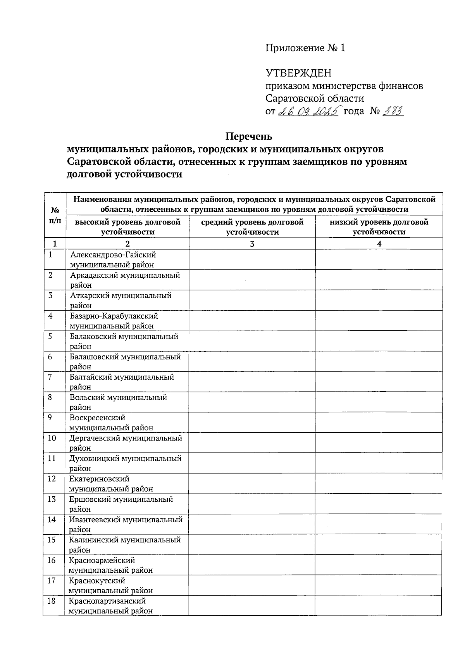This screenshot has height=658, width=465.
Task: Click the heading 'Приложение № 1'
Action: (x=305, y=48)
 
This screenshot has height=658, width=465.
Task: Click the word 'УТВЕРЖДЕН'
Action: (x=298, y=73)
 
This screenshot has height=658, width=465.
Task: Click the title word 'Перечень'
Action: (x=249, y=136)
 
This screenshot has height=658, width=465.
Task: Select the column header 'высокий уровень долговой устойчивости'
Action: (x=127, y=227)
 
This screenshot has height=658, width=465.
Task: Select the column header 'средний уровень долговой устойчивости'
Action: (x=252, y=227)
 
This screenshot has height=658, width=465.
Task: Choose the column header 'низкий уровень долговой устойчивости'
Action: (x=379, y=227)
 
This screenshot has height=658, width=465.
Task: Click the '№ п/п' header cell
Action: (x=55, y=215)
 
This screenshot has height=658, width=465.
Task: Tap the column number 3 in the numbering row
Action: (x=252, y=244)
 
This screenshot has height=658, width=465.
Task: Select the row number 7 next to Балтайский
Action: (x=51, y=377)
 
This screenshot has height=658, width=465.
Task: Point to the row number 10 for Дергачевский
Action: (x=52, y=438)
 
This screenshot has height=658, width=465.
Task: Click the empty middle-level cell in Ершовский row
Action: (x=252, y=504)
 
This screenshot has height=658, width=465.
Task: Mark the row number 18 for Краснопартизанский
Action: (x=52, y=601)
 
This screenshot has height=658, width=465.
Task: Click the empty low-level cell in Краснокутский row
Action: (x=378, y=585)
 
